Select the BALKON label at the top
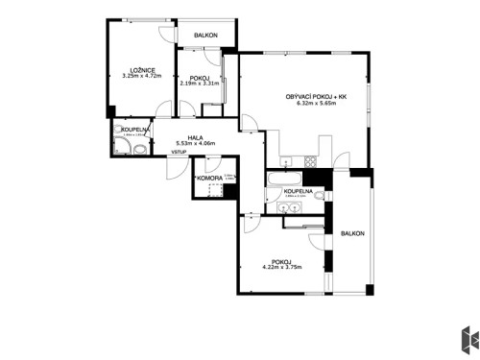tap(205, 36)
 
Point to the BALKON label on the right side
tap(352, 233)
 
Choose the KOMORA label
tap(209, 179)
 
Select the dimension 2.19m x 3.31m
tap(200, 84)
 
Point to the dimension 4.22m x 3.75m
tap(281, 267)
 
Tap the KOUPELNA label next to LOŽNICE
tap(133, 129)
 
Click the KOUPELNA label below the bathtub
tap(298, 192)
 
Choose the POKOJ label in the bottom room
tap(281, 260)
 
